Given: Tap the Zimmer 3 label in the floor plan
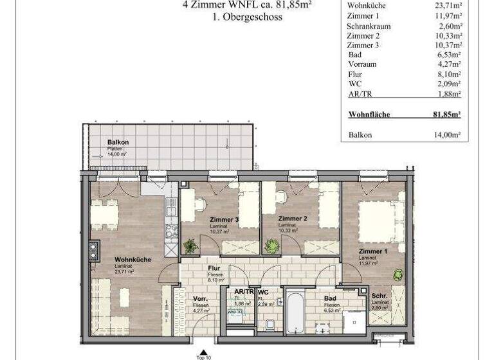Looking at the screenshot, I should [224, 219].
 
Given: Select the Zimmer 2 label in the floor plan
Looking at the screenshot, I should [293, 219].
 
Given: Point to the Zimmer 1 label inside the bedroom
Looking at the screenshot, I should [373, 251].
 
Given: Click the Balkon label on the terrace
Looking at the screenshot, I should [118, 142].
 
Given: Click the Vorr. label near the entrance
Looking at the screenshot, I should [200, 299].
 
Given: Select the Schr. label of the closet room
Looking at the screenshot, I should [379, 295].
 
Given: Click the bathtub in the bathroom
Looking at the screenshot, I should [295, 313].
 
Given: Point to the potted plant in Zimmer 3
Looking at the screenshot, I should [190, 246].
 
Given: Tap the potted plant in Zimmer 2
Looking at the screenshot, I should [272, 246].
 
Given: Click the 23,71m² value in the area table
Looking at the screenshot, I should [448, 6].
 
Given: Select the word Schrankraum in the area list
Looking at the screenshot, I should [369, 26].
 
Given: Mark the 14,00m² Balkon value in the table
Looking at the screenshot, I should [447, 135].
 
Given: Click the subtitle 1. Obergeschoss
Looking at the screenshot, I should [247, 17].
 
